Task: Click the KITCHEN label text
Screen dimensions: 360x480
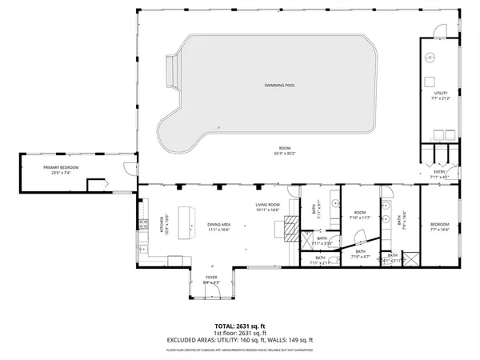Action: pos(162,224)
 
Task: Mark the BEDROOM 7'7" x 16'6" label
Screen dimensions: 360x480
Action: pos(440,226)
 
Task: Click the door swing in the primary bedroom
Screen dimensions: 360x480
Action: pos(128,167)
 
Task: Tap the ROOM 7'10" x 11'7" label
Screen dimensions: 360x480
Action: pos(360,214)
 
